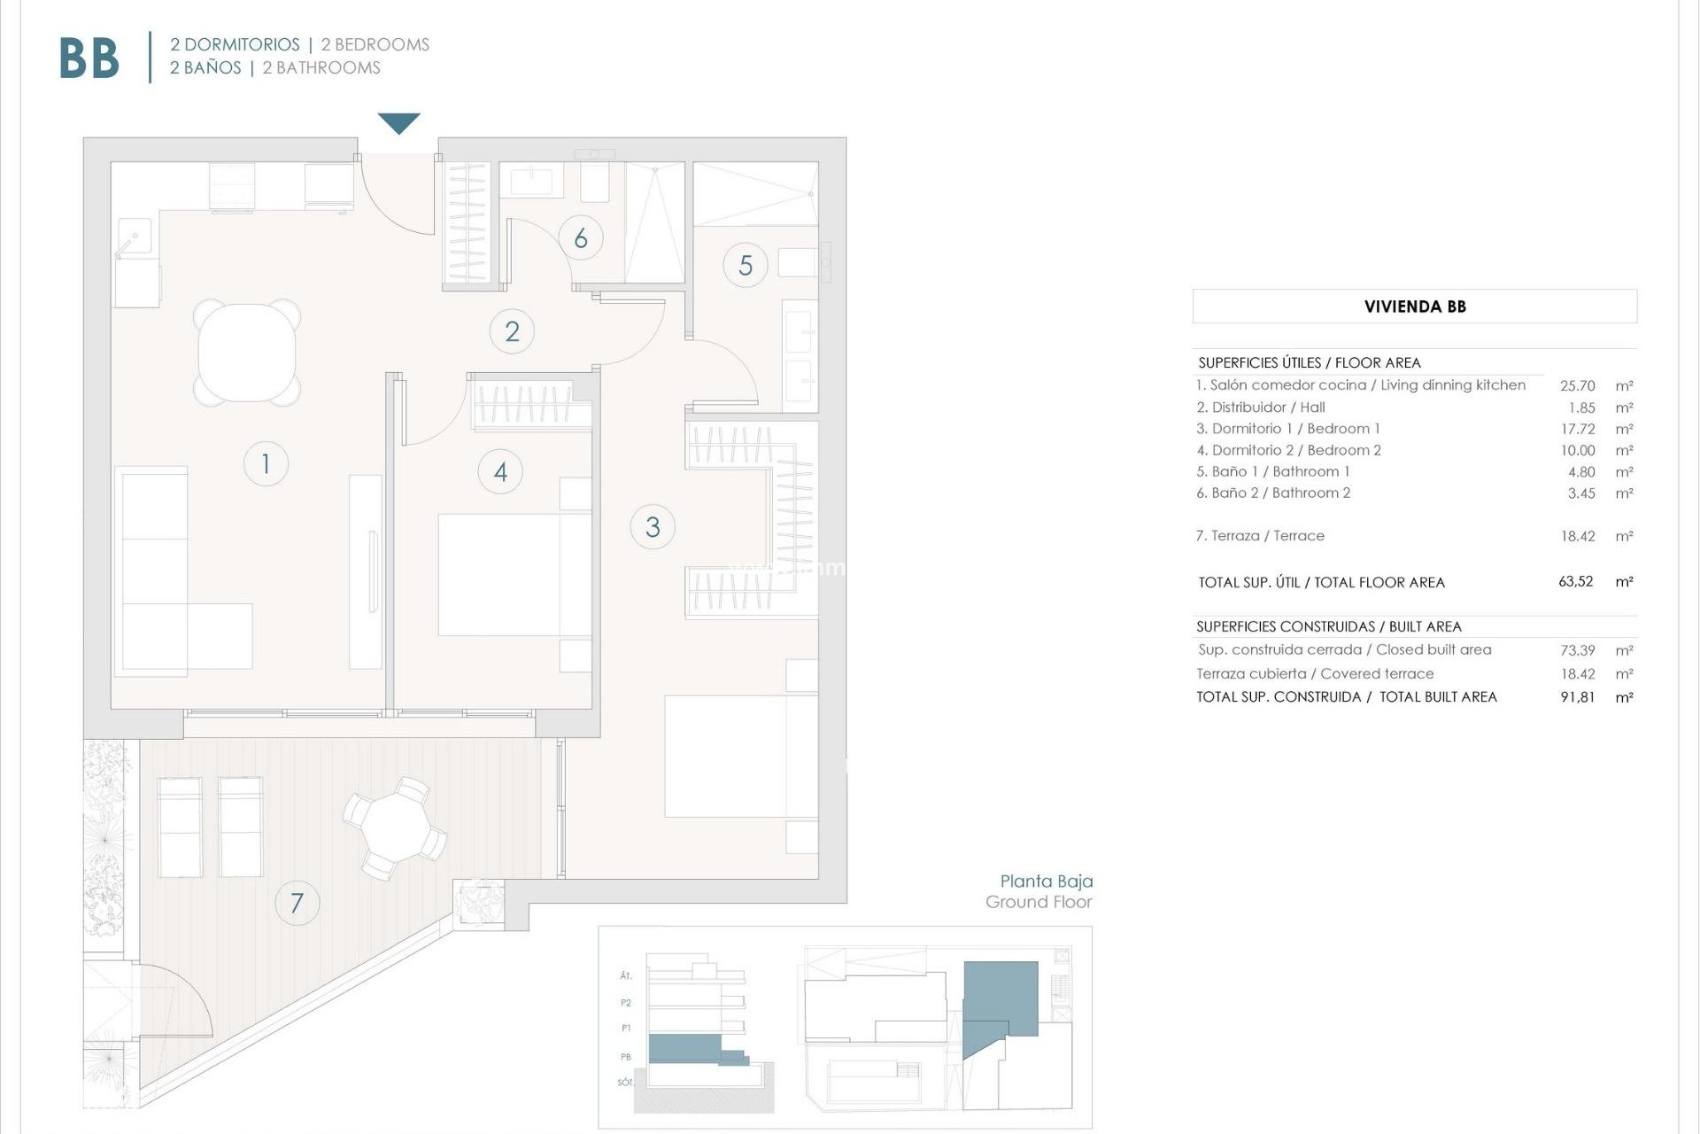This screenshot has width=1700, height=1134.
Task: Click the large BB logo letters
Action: pos(89,58)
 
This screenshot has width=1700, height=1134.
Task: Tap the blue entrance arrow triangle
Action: pos(398,122)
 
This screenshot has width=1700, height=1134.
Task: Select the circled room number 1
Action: pos(266,463)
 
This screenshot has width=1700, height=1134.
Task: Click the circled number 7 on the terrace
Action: pos(297,903)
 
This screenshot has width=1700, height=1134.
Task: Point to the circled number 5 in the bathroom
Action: pos(746,265)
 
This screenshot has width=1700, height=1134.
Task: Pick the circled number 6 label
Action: pos(581,237)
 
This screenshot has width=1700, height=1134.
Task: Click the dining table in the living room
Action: pos(247,353)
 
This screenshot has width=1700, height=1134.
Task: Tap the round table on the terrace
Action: pos(396,828)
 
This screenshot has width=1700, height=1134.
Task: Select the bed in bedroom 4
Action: pos(514,574)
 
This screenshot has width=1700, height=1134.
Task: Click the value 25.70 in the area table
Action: pos(1577,385)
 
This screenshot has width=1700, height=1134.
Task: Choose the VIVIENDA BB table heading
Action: pos(1414,307)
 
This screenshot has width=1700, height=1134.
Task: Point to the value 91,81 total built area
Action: pos(1577,697)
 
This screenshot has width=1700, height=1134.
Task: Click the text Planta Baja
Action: pos(1046,881)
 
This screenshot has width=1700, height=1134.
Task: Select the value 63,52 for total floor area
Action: pos(1575,582)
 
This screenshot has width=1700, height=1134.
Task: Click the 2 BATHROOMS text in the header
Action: pos(321,68)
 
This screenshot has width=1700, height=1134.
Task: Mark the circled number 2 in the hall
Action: pos(512,331)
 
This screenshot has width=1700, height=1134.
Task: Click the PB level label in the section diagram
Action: pos(626,1056)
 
